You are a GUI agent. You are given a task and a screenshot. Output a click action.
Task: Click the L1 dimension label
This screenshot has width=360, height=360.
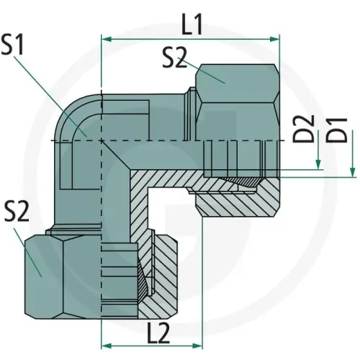click(x=192, y=24)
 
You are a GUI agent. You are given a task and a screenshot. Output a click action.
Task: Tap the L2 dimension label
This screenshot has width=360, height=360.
click(x=158, y=333)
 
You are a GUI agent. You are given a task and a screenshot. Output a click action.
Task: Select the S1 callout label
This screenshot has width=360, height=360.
click(x=12, y=44)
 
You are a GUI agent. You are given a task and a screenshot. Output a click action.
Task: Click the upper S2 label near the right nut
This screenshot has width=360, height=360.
click(x=174, y=57)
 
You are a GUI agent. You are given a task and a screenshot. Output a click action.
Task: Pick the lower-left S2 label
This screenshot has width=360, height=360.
click(x=17, y=211)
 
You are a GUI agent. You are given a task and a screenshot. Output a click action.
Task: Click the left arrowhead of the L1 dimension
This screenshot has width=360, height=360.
click(x=107, y=39)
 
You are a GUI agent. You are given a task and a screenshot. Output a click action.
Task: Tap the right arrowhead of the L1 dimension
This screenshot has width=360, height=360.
click(x=274, y=39)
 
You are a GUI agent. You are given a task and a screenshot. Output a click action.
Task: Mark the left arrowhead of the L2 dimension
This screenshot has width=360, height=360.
click(x=107, y=346)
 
